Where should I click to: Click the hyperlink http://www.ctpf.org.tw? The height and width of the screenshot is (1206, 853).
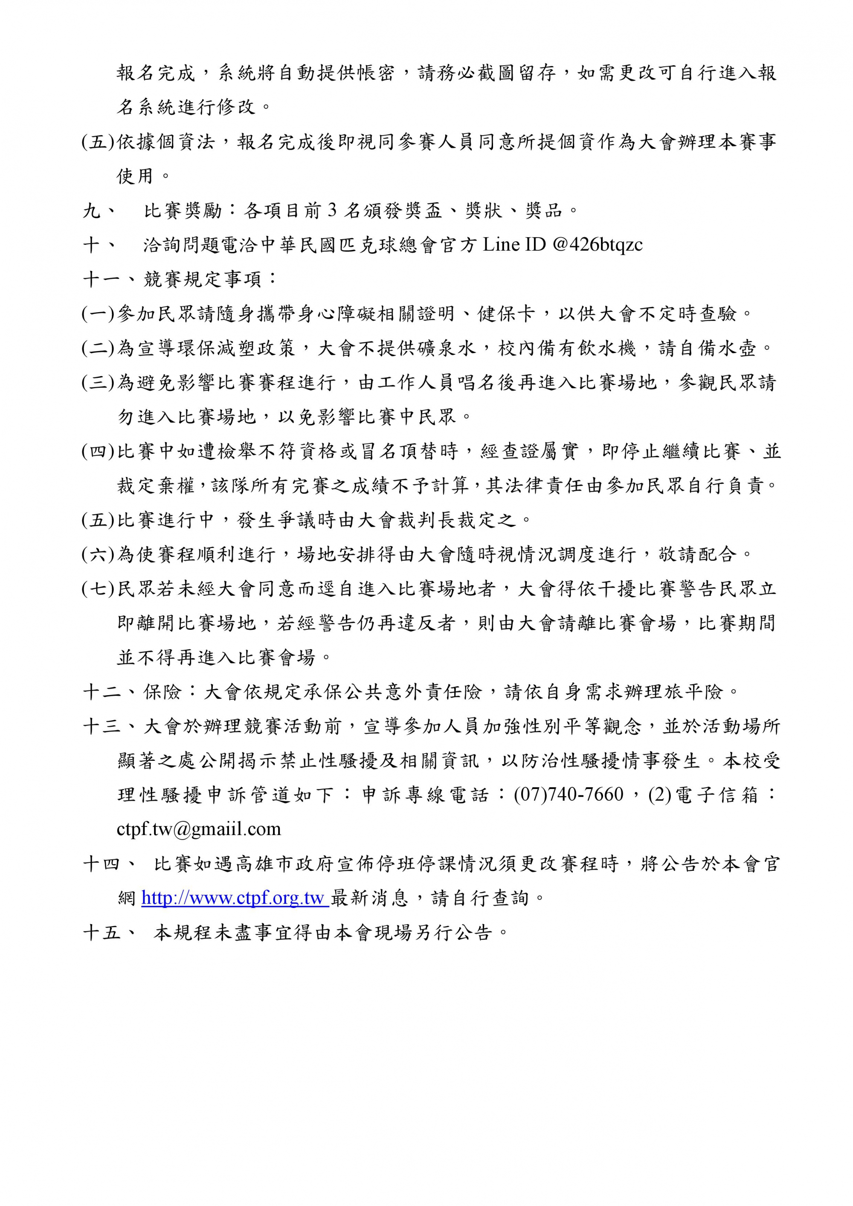[234, 898]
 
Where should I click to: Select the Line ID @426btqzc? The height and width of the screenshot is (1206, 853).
[597, 244]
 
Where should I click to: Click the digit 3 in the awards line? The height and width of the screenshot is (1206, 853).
[331, 210]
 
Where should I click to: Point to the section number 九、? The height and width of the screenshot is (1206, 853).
[99, 211]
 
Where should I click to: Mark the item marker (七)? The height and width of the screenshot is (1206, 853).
[98, 589]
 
